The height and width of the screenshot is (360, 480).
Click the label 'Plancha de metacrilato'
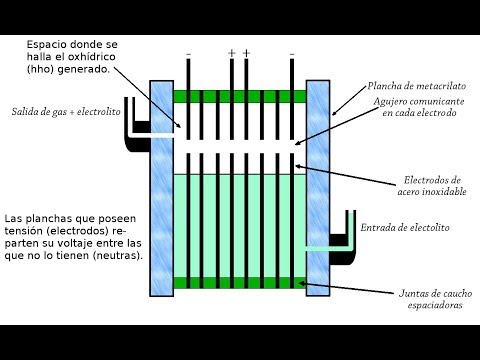[417, 86]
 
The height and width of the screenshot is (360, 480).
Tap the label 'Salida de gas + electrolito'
[66, 112]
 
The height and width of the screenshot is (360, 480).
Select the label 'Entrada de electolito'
[405, 228]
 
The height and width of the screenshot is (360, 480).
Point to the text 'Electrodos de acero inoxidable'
[432, 186]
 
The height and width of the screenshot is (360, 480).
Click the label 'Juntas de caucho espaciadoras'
[435, 299]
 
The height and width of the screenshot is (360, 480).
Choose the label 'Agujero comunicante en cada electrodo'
[419, 107]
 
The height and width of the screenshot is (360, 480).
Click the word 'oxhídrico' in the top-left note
[91, 57]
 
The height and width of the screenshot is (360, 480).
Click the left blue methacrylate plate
[161, 188]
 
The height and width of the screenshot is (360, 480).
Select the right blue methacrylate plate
[318, 188]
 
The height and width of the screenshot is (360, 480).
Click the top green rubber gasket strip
[240, 96]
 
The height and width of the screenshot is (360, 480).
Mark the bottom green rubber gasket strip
[240, 283]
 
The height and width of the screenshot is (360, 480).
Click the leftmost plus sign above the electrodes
[232, 53]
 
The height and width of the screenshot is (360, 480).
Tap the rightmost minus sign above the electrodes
[292, 54]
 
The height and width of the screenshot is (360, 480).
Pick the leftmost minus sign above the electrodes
[189, 54]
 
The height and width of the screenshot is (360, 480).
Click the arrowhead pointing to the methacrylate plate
[334, 113]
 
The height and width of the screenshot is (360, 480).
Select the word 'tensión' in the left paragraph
[24, 231]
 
